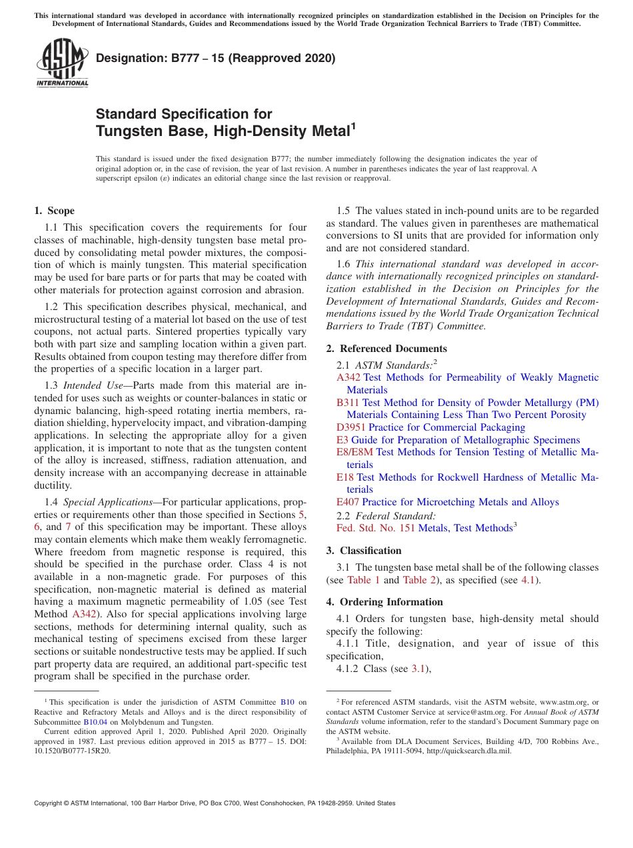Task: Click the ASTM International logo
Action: coord(62,63)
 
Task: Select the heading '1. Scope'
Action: coord(54,211)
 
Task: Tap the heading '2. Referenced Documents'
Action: coord(386,349)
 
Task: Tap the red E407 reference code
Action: coord(348,502)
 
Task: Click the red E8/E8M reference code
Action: coord(354,452)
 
